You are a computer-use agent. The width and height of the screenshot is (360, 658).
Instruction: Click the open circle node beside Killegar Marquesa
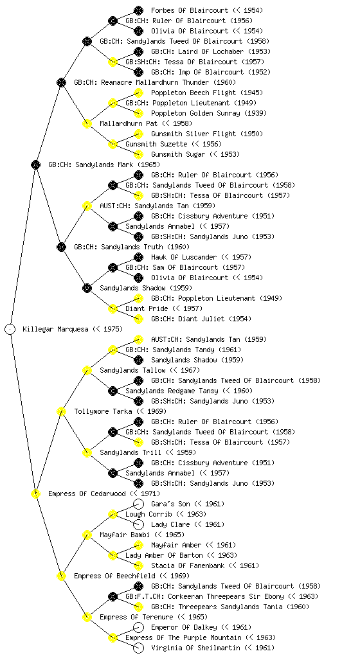[x=10, y=329]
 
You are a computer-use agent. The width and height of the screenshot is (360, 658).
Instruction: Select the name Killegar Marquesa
[x=56, y=329]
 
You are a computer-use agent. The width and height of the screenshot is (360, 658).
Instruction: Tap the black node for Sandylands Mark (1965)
[x=35, y=164]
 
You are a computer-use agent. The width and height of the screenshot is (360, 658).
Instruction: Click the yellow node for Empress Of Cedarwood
[x=35, y=493]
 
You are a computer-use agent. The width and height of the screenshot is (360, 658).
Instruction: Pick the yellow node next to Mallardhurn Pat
[x=87, y=123]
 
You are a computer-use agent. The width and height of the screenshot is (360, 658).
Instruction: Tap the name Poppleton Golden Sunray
[x=195, y=113]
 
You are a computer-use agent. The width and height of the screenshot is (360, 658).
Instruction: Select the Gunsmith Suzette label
[x=150, y=144]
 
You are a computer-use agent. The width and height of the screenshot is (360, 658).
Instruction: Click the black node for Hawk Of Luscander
[x=138, y=257]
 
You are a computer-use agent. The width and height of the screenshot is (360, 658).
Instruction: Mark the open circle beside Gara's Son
[x=138, y=504]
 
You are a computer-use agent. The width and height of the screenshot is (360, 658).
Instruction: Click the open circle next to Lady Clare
[x=138, y=524]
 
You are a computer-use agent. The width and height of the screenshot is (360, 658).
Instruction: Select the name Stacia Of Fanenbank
[x=188, y=565]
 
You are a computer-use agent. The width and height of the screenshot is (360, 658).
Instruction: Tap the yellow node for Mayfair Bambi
[x=87, y=535]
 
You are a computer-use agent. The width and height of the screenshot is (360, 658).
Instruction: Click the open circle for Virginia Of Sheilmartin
[x=138, y=648]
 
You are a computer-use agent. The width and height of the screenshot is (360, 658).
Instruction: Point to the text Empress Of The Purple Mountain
[x=183, y=637]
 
